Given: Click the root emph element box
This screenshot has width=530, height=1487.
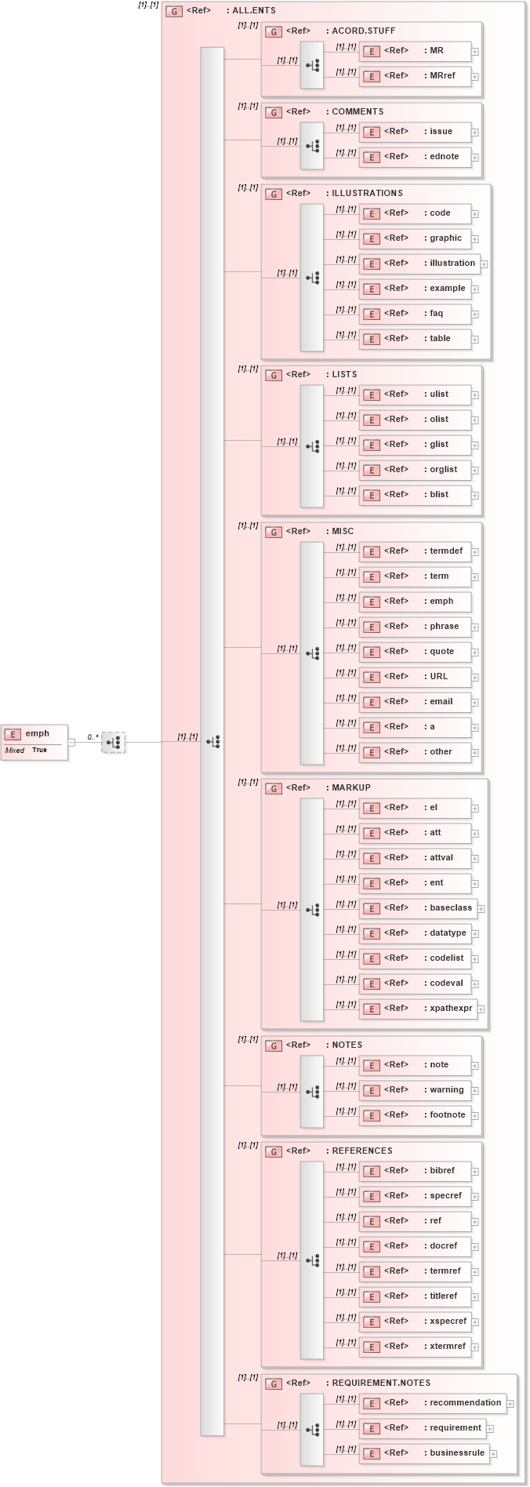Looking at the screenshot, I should [34, 734].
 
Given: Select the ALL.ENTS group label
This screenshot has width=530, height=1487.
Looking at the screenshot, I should [253, 11].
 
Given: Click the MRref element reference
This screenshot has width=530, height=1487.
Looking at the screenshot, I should [416, 76].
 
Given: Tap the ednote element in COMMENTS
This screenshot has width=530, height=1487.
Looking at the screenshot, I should [416, 157].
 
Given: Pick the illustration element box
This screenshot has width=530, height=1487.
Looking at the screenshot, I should [419, 264].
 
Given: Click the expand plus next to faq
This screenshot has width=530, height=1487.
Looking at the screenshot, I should [475, 314].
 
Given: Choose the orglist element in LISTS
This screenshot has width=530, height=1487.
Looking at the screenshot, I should [416, 470].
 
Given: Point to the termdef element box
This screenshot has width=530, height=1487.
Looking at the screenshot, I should [416, 551].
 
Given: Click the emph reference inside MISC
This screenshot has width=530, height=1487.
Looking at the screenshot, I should [416, 602].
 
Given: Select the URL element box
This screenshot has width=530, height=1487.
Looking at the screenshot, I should [416, 677].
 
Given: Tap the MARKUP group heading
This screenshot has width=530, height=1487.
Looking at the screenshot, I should [350, 787].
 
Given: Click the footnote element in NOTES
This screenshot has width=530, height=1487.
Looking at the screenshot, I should [416, 1115].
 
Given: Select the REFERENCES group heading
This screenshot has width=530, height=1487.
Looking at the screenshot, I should [361, 1151].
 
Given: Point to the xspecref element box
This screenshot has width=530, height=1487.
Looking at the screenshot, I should [416, 1321].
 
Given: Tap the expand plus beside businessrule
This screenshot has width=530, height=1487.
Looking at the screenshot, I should [494, 1454].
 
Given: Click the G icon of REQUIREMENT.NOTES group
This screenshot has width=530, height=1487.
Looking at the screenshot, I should [274, 1383].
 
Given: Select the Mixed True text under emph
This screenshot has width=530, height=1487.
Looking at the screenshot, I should [26, 751].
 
